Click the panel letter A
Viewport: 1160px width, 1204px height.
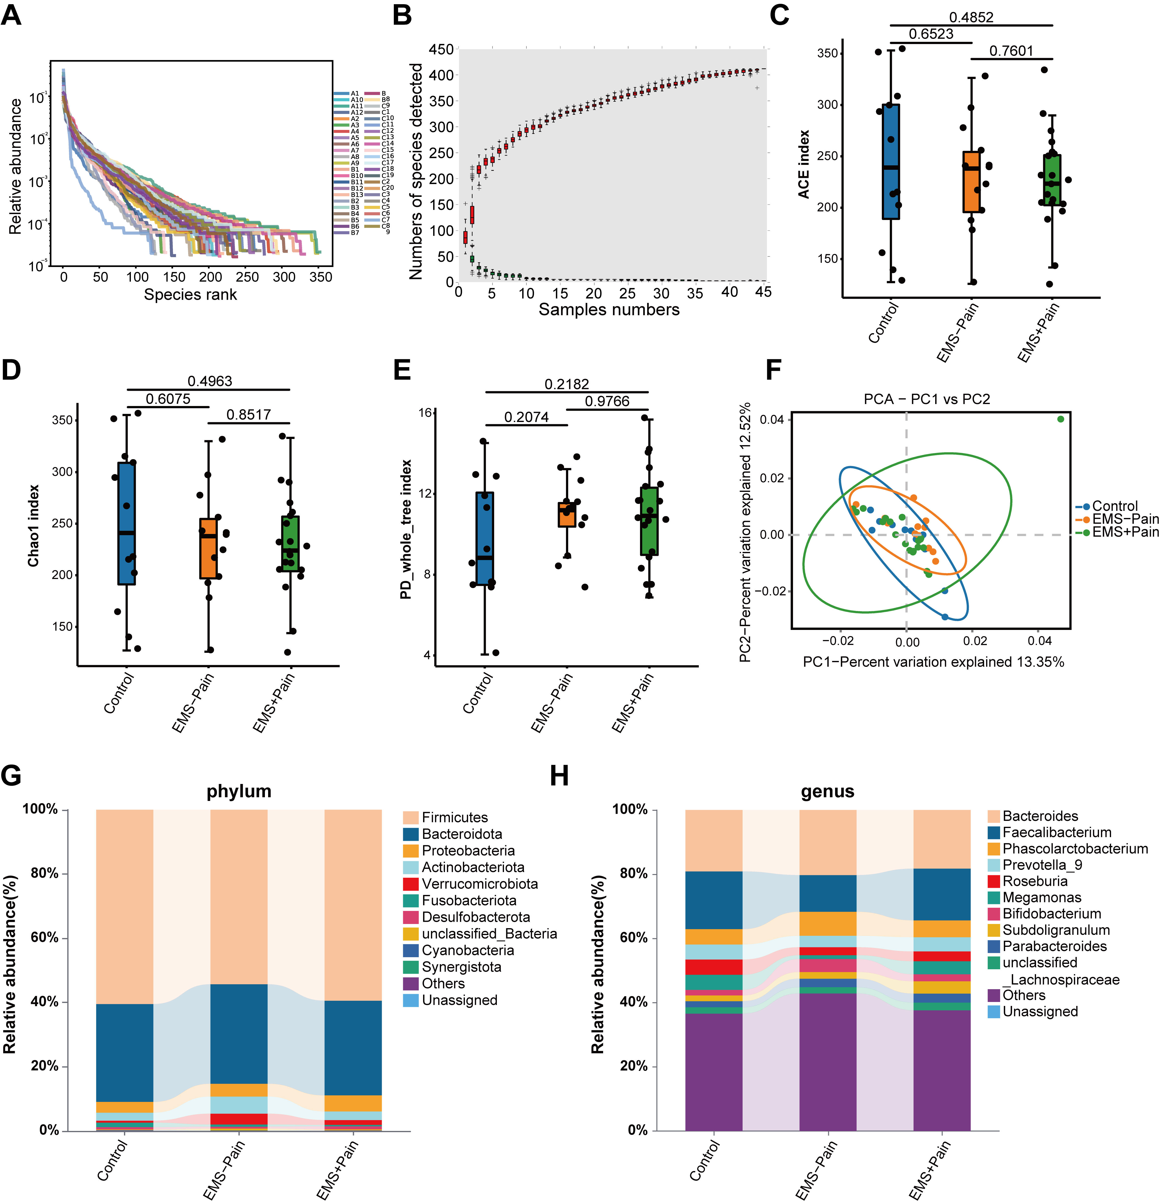[x=11, y=15]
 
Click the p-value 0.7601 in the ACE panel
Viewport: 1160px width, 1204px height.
[x=1011, y=51]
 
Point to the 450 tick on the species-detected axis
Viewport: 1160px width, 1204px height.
[x=441, y=49]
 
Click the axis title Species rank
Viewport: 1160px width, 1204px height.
[x=190, y=295]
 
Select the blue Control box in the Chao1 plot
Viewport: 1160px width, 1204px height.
[x=126, y=523]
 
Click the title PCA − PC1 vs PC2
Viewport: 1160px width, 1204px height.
[x=927, y=399]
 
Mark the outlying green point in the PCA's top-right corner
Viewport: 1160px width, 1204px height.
[x=1061, y=419]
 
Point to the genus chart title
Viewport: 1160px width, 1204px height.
[x=827, y=791]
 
